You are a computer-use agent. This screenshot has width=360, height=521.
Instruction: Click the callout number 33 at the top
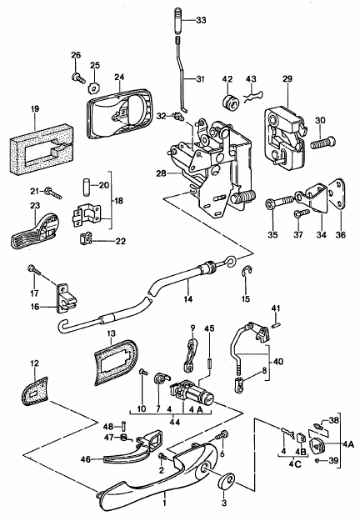201,20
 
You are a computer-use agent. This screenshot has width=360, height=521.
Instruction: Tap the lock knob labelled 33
178,21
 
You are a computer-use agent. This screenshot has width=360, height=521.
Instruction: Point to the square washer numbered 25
94,88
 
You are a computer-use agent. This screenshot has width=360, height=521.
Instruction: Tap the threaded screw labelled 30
323,143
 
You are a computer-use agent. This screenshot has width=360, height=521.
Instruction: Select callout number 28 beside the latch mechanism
161,173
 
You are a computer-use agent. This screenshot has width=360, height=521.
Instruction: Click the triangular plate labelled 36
337,194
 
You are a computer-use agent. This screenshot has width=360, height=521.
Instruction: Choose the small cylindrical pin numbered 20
86,185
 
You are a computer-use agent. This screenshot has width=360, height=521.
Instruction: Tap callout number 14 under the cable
187,299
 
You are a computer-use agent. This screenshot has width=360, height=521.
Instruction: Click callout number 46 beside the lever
86,460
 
